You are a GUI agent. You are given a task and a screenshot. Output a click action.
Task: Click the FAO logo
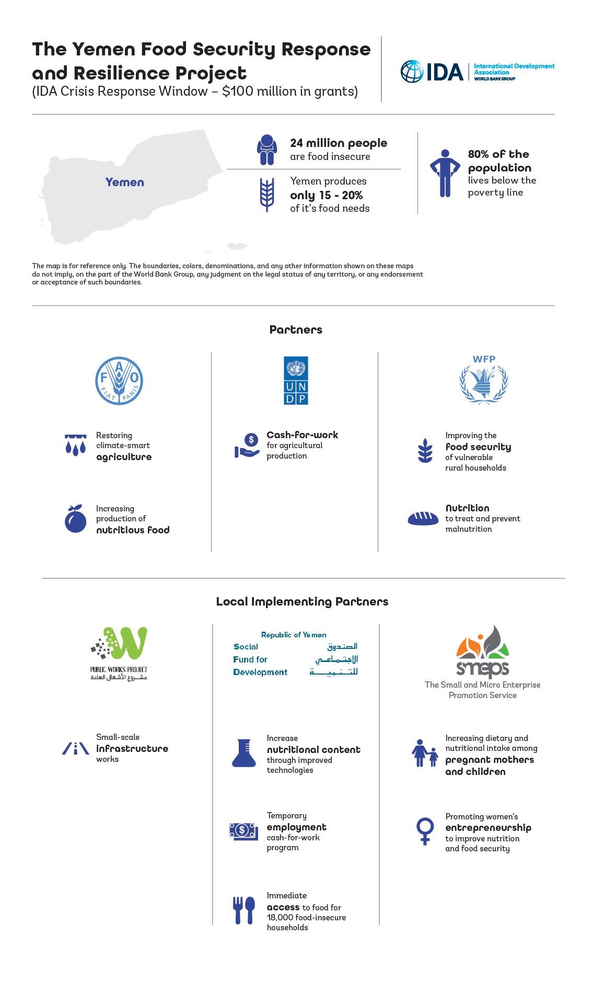[x=119, y=381]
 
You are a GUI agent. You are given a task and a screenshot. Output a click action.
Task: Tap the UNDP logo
[x=296, y=381]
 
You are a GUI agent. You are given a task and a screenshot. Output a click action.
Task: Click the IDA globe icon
[x=412, y=72]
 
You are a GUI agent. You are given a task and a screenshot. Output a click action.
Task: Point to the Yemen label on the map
[x=124, y=182]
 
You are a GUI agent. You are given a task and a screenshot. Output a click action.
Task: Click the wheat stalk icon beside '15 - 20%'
[x=267, y=195]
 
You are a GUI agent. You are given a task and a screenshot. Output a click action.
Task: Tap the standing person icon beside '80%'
[x=445, y=173]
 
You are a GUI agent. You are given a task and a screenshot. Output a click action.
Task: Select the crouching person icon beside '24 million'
[x=266, y=150]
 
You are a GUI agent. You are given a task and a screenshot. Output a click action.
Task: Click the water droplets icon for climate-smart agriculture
[x=76, y=445]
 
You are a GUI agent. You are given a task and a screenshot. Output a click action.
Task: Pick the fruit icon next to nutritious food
[x=76, y=519]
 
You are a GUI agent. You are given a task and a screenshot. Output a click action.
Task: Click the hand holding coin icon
[x=247, y=446]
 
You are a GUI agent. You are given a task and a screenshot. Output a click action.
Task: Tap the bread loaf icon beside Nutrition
[x=423, y=518]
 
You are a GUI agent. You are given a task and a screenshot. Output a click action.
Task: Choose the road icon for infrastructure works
[x=76, y=748]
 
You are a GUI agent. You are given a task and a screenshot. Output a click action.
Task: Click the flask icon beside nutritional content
[x=243, y=753]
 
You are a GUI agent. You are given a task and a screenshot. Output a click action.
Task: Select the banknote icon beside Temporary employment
[x=243, y=830]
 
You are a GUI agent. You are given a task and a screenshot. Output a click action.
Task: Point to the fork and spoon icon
[x=243, y=910]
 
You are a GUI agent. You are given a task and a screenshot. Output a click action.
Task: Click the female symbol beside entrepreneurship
[x=425, y=831]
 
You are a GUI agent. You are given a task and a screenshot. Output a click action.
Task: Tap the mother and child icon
[x=425, y=754]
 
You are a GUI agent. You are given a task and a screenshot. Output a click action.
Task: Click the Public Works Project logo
[x=119, y=653]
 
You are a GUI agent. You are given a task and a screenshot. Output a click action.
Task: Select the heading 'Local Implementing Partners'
[x=302, y=601]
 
